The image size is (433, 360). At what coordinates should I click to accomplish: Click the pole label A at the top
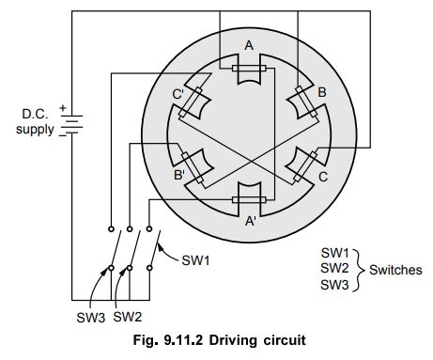click(248, 44)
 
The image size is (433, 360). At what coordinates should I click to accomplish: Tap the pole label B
click(321, 94)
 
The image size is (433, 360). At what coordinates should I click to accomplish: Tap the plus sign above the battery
click(63, 106)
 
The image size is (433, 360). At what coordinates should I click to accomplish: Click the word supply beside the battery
click(36, 130)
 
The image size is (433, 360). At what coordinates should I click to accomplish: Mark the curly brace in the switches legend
click(356, 268)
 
